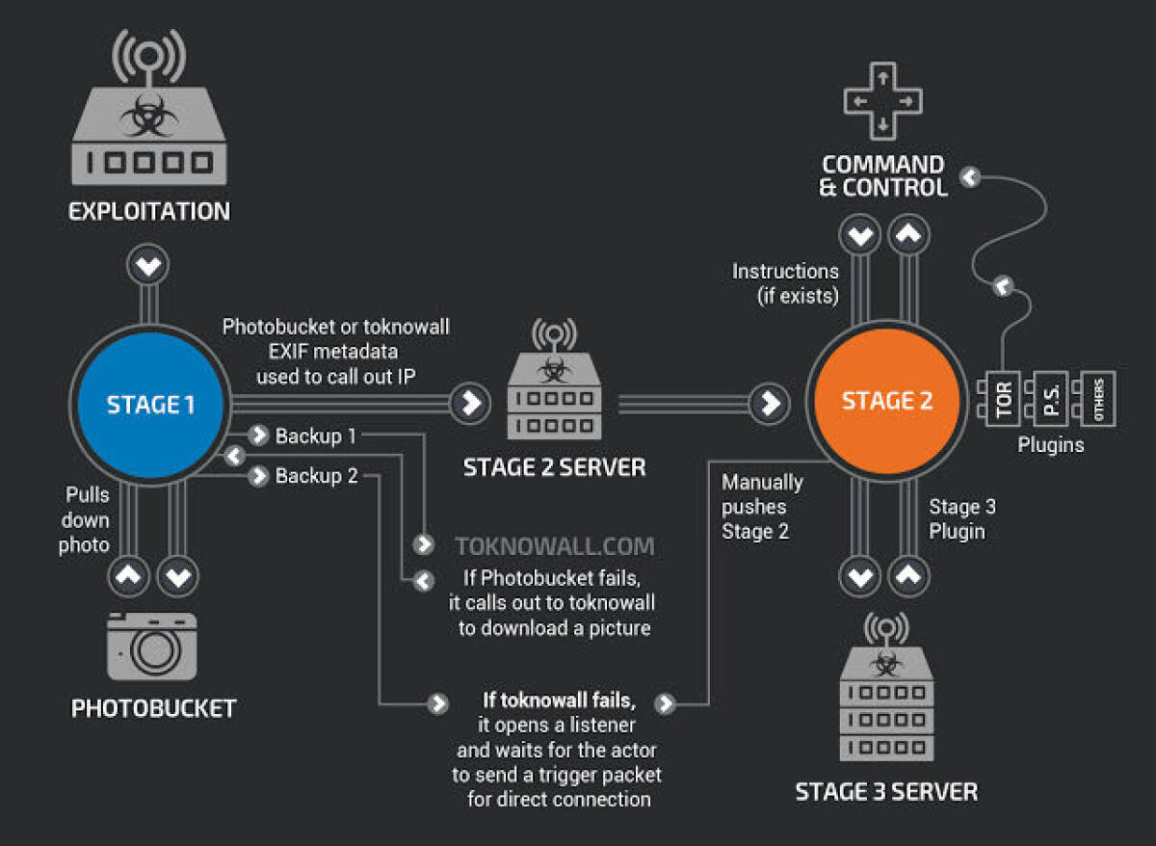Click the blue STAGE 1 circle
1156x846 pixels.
coord(150,404)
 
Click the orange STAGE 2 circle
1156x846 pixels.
coord(887,401)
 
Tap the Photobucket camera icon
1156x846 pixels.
coord(151,647)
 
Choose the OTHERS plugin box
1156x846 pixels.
coord(1098,398)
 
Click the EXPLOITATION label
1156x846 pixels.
coord(149,211)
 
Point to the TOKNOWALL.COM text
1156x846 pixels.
coord(555,547)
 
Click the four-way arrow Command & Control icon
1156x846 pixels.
coord(883,99)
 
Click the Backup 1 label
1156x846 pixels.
coord(316,436)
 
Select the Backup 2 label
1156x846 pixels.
coord(316,476)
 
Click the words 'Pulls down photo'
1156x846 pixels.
coord(88,520)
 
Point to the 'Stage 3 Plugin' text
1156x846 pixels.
coord(961,518)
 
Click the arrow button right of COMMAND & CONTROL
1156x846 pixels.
coord(970,176)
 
